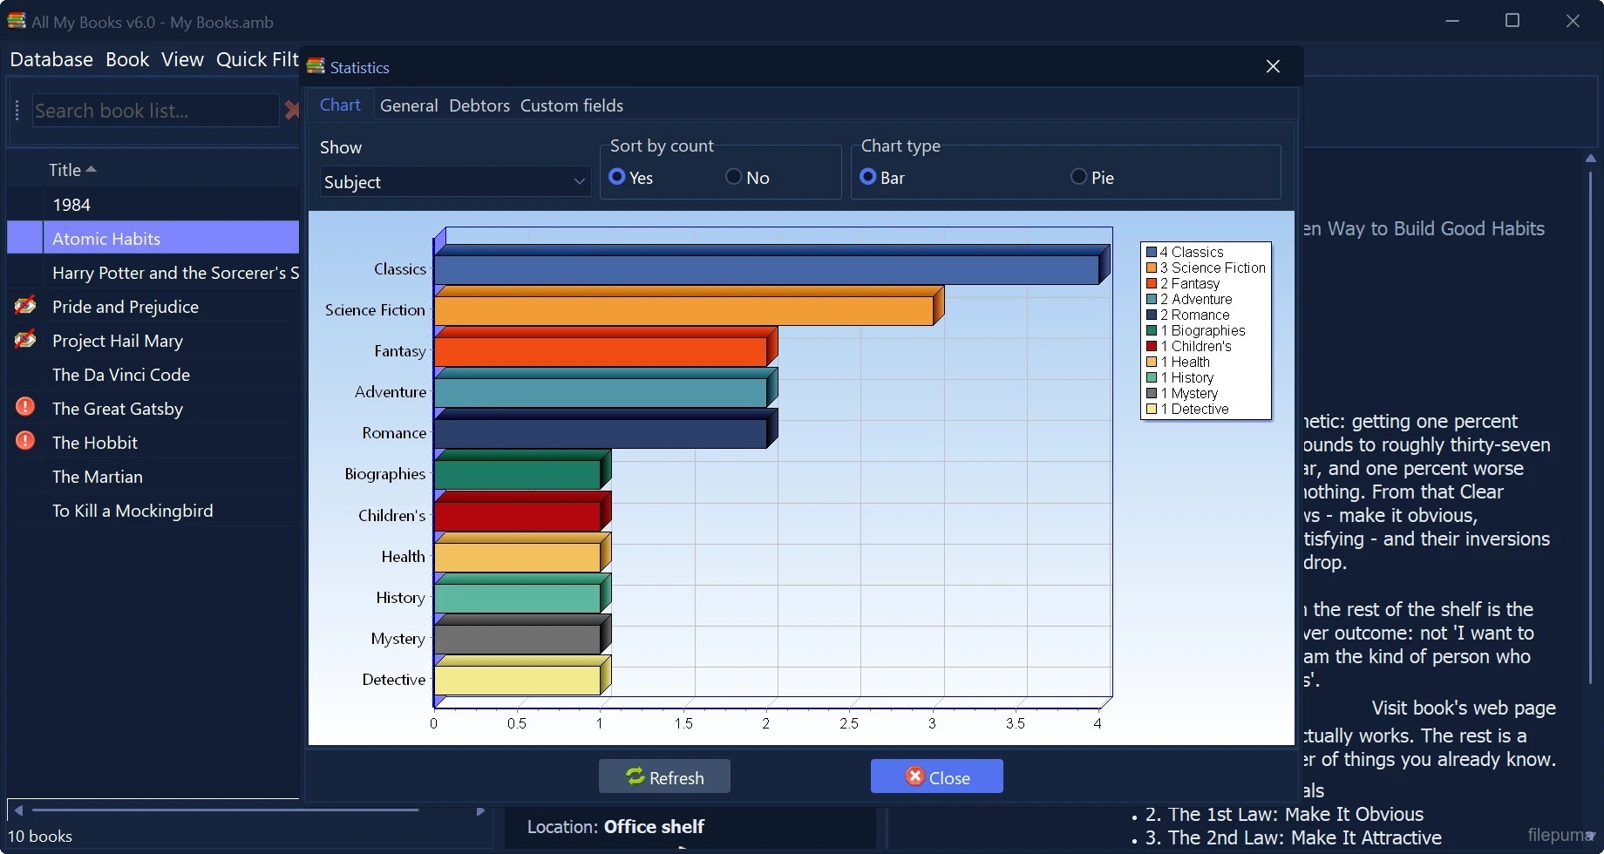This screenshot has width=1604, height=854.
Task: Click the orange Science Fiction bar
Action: click(684, 310)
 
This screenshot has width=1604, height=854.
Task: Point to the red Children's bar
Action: click(518, 516)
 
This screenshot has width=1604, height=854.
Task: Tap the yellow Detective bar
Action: click(518, 680)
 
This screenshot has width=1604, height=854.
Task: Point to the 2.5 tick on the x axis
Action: click(849, 723)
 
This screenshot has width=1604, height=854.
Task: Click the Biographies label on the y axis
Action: click(385, 474)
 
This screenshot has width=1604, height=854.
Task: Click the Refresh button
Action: click(664, 776)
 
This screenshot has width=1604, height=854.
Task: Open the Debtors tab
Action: click(479, 105)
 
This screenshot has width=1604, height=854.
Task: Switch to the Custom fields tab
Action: click(572, 105)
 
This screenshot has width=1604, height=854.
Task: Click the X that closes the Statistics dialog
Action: click(1273, 66)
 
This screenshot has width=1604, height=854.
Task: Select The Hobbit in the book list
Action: click(95, 443)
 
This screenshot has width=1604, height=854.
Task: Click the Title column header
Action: click(65, 170)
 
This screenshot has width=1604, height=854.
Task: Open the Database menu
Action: click(51, 59)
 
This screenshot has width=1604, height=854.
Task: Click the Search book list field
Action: click(155, 111)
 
